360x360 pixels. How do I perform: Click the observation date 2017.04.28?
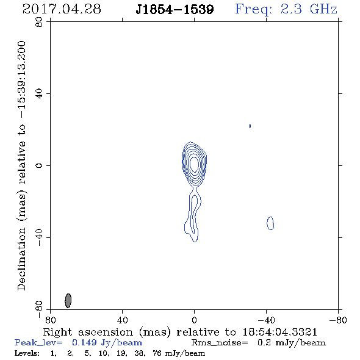click(x=62, y=9)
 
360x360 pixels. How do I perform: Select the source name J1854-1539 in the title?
click(x=175, y=9)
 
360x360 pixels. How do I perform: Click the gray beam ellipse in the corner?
click(x=68, y=300)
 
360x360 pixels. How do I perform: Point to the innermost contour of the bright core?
click(x=191, y=164)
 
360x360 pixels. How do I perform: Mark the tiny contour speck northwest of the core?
click(x=250, y=126)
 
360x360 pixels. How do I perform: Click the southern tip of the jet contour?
click(x=195, y=242)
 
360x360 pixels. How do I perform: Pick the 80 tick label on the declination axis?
click(x=39, y=22)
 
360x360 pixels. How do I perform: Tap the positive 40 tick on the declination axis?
click(x=39, y=94)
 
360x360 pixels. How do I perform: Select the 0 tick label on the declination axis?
click(x=39, y=165)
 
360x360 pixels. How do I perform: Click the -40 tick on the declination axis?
click(x=39, y=237)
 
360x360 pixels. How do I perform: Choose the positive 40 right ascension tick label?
click(x=122, y=320)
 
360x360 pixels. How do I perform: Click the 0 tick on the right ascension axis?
click(x=194, y=320)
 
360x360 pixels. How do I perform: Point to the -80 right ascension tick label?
click(x=338, y=320)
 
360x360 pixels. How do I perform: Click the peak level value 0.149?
click(x=84, y=342)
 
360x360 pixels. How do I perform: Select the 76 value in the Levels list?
click(x=156, y=353)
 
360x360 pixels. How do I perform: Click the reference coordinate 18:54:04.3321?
click(x=279, y=332)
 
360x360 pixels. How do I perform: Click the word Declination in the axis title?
click(x=21, y=259)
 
